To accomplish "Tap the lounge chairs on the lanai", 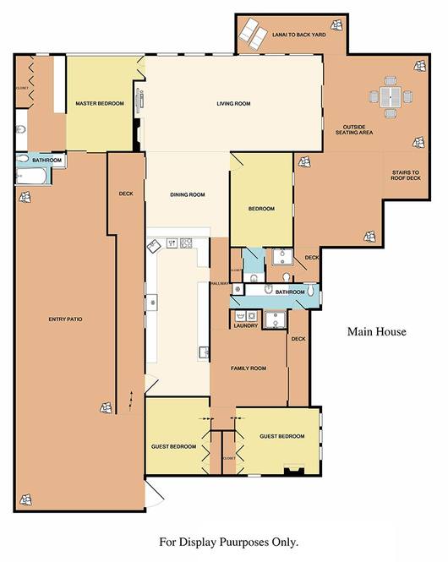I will coord(251,34).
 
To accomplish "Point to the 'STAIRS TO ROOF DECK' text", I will coord(406,176).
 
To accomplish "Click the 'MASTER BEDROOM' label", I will coord(100,104).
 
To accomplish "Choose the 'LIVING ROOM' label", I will coord(234,104).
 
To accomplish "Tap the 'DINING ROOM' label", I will coord(188,195).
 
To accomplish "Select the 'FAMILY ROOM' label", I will coord(249,368).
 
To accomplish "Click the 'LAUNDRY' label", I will coord(246,325).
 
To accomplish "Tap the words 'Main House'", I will coord(376,332).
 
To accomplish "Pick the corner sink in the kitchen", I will coord(155,244).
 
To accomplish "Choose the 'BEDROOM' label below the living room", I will coord(261,209).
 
